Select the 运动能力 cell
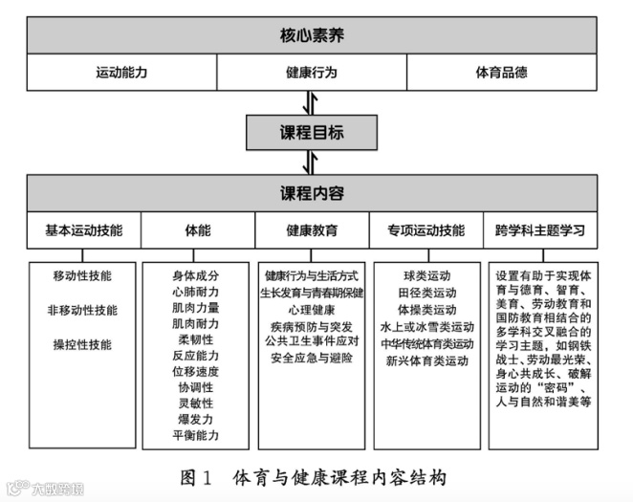pyautogui.click(x=121, y=73)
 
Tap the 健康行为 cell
pyautogui.click(x=312, y=73)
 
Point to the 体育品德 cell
pyautogui.click(x=502, y=73)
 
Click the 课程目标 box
pyautogui.click(x=313, y=133)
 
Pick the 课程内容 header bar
pyautogui.click(x=313, y=193)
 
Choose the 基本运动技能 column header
pyautogui.click(x=84, y=230)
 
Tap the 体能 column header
pyautogui.click(x=198, y=230)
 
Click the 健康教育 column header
pyautogui.click(x=312, y=230)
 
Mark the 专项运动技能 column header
pyautogui.click(x=426, y=230)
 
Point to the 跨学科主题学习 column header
pyautogui.click(x=540, y=230)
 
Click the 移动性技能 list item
pyautogui.click(x=82, y=276)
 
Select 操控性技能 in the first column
pyautogui.click(x=82, y=344)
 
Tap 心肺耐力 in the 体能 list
pyautogui.click(x=196, y=292)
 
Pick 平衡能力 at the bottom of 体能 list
pyautogui.click(x=196, y=435)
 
